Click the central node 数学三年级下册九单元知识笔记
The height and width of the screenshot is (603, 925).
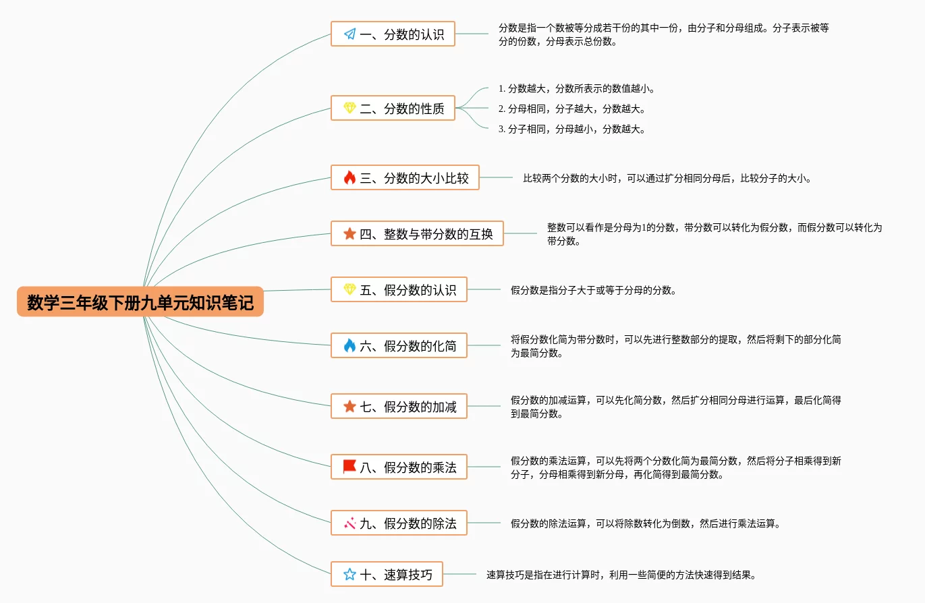click(140, 302)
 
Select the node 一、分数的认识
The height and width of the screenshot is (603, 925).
click(393, 34)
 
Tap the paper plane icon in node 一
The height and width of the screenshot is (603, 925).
click(349, 34)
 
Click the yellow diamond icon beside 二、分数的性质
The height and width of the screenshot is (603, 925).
click(349, 108)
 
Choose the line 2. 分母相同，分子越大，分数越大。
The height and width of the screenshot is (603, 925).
click(571, 109)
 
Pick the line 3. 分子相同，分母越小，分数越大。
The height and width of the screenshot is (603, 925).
click(571, 129)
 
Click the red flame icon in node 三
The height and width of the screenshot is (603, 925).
click(349, 178)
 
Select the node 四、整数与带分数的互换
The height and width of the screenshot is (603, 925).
click(417, 233)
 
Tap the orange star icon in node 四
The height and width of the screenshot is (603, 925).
click(349, 233)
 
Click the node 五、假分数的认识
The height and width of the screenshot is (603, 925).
click(399, 289)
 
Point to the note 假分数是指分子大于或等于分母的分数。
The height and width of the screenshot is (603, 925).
click(593, 290)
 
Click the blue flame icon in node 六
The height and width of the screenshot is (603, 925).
click(349, 345)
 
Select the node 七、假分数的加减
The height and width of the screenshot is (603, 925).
click(399, 406)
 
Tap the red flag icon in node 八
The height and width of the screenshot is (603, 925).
click(349, 466)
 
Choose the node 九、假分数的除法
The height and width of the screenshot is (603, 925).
click(399, 523)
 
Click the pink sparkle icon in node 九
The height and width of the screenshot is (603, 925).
click(349, 523)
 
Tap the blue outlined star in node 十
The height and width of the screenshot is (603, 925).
click(349, 574)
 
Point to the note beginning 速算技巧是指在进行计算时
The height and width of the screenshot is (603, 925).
click(621, 575)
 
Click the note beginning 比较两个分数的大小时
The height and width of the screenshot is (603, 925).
click(667, 179)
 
